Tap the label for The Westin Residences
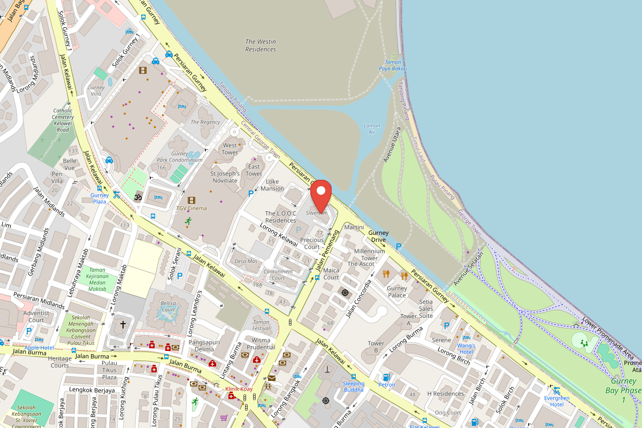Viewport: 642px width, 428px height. coord(261,45)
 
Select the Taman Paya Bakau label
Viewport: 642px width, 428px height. coord(393,65)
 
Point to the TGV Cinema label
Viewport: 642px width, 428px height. coord(191,208)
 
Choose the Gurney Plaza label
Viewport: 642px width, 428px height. coord(100,198)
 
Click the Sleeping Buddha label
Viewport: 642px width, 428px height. coord(353,386)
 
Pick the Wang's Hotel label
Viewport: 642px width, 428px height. coord(466,348)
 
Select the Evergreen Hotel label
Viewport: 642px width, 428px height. coord(556,401)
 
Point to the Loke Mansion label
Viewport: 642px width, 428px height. coord(272,185)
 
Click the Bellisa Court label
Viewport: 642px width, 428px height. coord(168,307)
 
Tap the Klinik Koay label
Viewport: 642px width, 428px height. coord(239,389)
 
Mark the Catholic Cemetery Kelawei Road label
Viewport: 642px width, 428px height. coord(63,120)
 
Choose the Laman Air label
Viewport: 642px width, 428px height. coord(372,128)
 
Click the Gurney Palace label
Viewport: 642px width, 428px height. coord(396,292)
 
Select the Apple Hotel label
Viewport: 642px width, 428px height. coord(39,348)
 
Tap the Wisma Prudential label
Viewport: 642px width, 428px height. coord(262,343)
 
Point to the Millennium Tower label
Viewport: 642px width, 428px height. coord(369,251)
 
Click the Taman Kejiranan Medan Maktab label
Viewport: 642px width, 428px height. coord(97,279)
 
